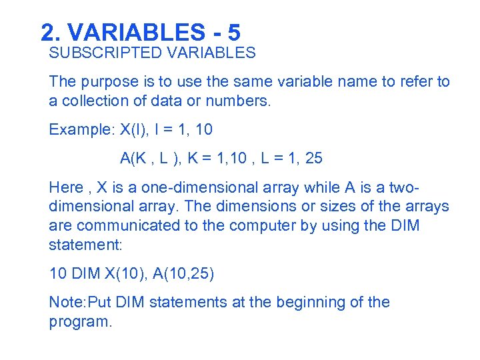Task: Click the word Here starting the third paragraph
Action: (x=65, y=187)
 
